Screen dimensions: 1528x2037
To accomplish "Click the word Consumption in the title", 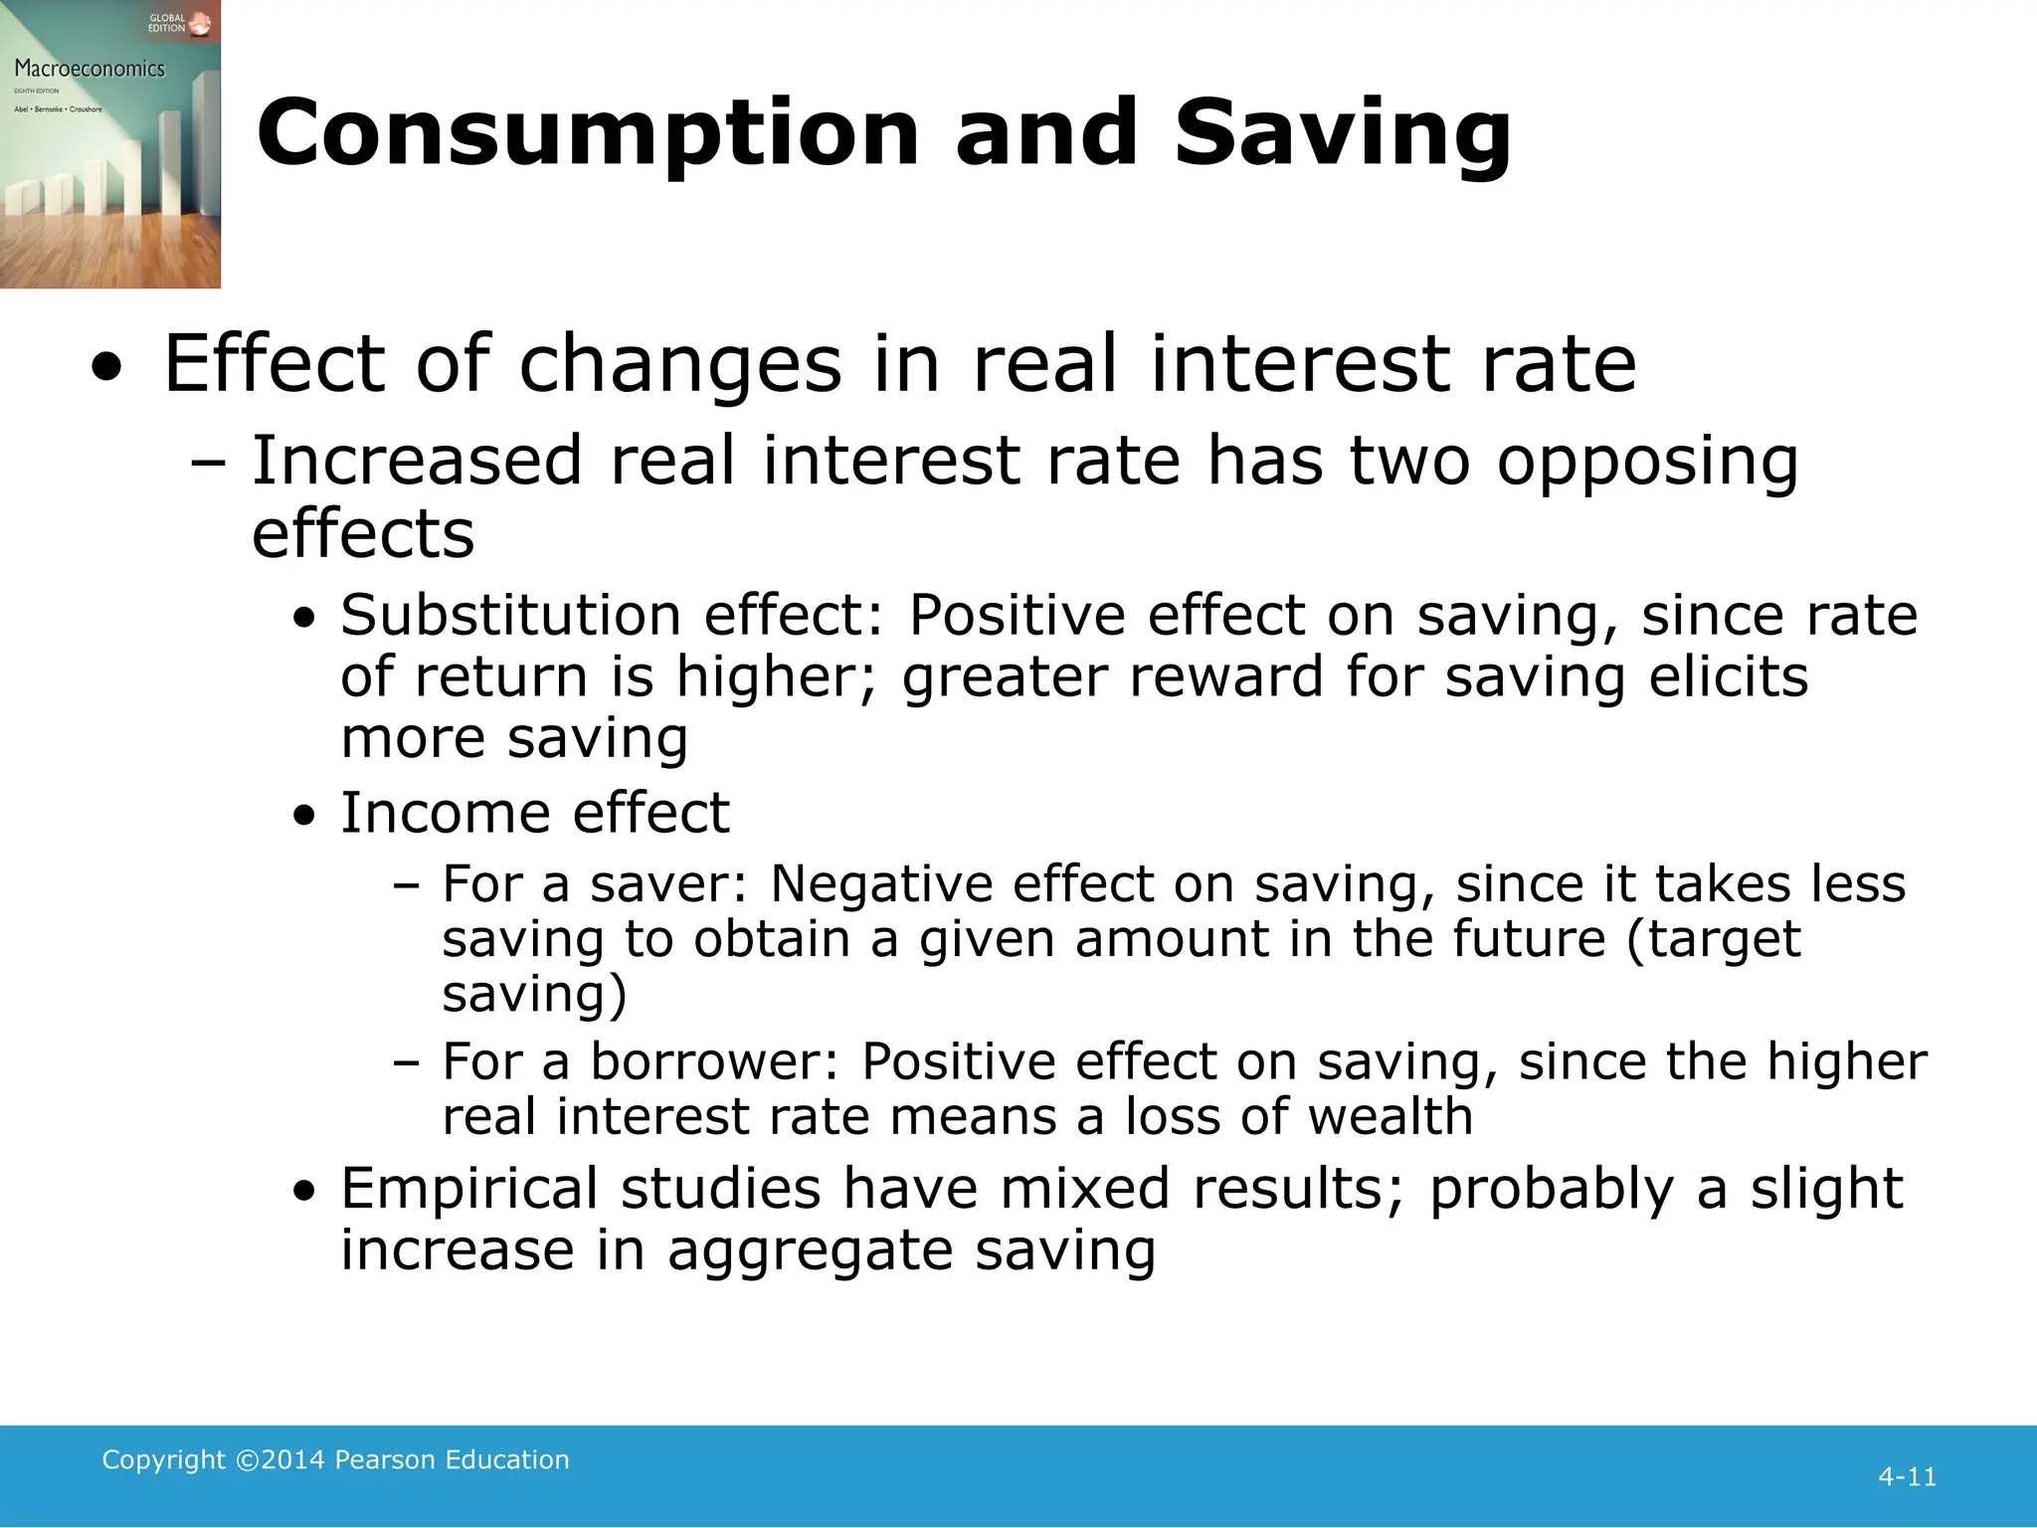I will coord(588,134).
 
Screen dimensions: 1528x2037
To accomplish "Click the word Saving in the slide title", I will coord(1342,134).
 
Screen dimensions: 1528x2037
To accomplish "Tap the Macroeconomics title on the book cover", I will coord(90,69).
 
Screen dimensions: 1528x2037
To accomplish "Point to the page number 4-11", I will coord(1907,1477).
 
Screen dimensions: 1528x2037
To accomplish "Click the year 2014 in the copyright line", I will coord(293,1459).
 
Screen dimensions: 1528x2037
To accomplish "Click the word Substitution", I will coord(510,615).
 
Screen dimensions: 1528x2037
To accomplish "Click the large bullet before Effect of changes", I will coord(107,369).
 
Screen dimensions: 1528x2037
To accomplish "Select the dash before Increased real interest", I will coord(208,463).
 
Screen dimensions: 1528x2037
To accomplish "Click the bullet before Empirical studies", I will coord(305,1191).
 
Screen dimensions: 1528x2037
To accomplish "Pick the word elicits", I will coord(1728,676).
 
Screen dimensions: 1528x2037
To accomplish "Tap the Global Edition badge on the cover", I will coord(179,23).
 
